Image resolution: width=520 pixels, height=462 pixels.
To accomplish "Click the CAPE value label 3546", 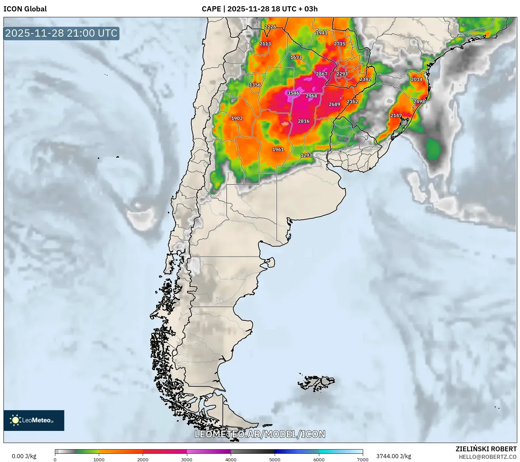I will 293,93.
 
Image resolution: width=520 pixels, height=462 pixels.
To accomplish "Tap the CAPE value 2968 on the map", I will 311,96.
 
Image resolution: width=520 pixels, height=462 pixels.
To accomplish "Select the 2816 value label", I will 304,121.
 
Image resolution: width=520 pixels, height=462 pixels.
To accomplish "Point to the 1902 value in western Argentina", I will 237,119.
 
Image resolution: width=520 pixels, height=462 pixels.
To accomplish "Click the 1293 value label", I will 306,155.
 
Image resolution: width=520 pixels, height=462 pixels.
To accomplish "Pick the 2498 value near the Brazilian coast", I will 419,102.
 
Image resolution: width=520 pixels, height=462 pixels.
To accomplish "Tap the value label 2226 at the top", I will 270,27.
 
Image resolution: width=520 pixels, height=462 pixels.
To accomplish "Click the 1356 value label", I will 255,85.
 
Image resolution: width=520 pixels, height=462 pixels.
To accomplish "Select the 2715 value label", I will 340,44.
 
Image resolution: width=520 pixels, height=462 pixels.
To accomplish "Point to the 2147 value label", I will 396,116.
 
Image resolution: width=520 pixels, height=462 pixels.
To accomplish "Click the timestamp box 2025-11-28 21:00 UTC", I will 61,34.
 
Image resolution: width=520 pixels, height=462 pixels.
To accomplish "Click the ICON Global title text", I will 25,9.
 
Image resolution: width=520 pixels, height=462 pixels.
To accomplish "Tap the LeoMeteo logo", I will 34,421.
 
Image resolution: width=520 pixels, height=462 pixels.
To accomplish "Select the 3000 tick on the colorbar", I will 187,459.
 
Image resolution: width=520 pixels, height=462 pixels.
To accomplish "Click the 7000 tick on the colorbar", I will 362,459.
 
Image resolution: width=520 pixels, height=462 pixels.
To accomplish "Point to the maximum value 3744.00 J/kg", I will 394,456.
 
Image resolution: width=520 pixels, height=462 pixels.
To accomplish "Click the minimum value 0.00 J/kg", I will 24,456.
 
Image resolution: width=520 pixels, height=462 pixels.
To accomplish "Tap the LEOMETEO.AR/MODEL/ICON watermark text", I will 260,434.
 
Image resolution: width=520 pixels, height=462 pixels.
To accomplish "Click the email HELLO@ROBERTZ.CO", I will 488,457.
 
